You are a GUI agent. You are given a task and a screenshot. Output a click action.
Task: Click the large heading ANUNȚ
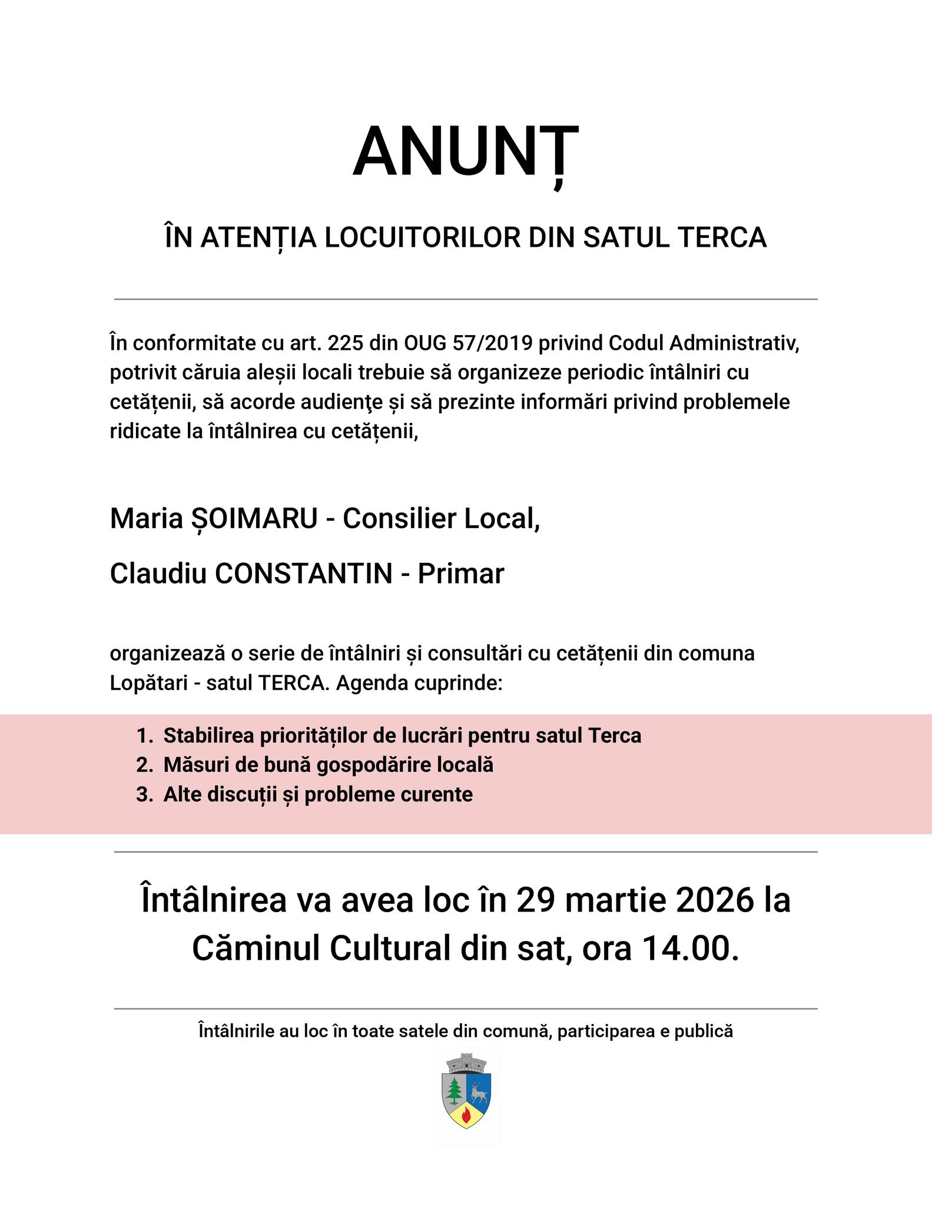point(466,153)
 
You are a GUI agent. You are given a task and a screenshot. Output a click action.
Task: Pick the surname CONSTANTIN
point(303,574)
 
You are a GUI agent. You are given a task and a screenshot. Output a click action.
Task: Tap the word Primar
point(460,574)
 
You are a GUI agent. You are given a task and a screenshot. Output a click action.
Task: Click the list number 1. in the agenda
point(144,735)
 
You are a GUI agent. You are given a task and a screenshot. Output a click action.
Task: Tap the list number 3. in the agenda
point(144,794)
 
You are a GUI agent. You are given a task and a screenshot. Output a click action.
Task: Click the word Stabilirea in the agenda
point(209,735)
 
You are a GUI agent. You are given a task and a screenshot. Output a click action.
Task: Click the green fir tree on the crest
point(454,1090)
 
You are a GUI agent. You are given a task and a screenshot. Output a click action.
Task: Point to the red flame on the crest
point(466,1114)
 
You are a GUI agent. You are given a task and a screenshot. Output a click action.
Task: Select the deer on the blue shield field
point(478,1090)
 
